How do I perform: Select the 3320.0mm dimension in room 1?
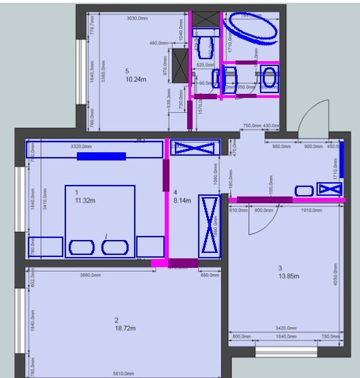[x=82, y=145]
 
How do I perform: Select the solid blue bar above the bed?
[x=101, y=156]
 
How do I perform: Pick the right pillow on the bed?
[x=115, y=247]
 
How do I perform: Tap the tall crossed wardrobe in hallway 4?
[x=208, y=226]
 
